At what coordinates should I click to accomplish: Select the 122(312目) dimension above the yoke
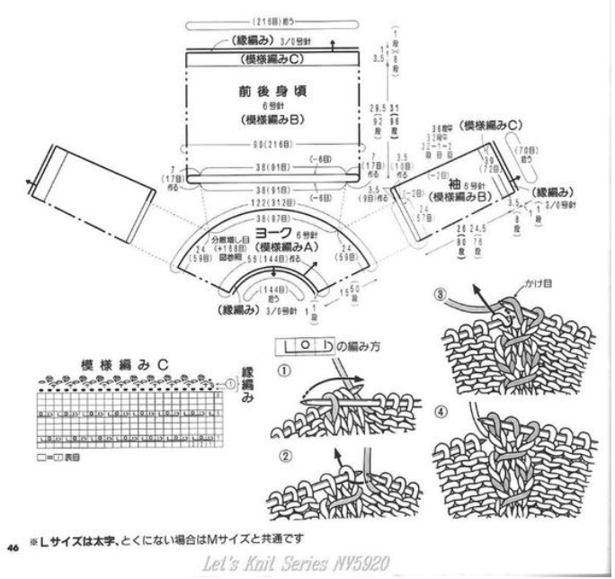274,204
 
